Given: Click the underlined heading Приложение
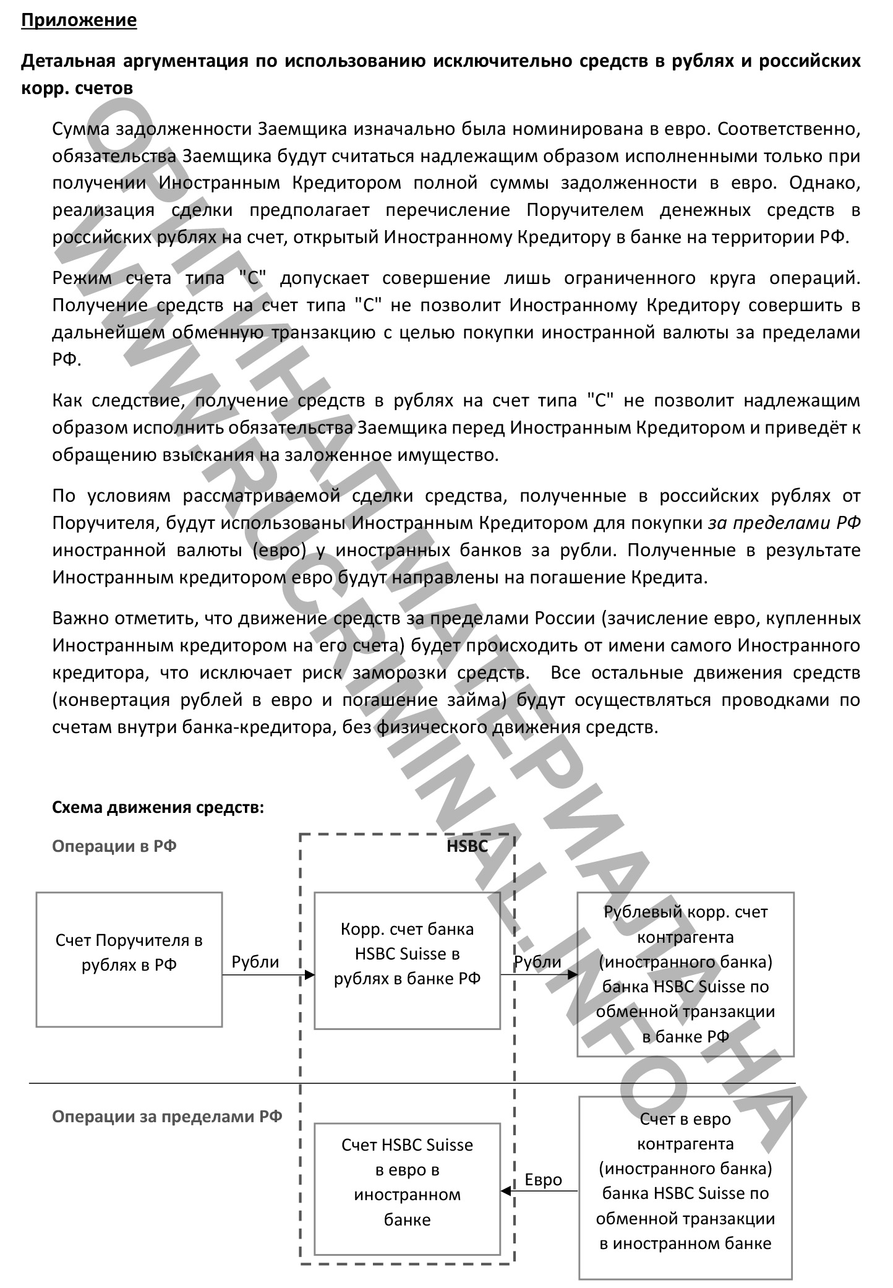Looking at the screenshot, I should coord(79,20).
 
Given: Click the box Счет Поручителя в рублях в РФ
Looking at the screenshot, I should coord(129,959).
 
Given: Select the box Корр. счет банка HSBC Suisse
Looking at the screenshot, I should coord(407,960).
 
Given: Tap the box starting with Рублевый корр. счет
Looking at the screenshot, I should coord(685,974).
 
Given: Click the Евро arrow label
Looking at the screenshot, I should coord(543,1179).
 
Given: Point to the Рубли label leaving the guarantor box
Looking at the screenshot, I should coord(255,961).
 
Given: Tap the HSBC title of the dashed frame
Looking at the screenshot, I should coord(467,846).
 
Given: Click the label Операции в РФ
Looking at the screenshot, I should coord(114,846).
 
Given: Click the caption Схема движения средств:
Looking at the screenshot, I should coord(158,807).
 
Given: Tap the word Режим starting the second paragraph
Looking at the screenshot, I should coord(82,278).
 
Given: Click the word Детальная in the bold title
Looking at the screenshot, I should coord(68,61).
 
